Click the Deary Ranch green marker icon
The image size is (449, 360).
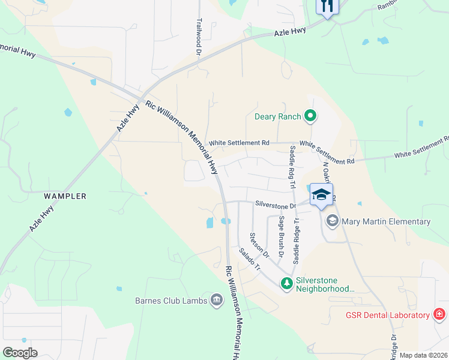click(x=310, y=116)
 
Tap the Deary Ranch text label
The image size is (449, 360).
click(x=277, y=116)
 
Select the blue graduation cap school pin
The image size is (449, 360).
click(x=321, y=194)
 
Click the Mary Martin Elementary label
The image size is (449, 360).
click(x=386, y=221)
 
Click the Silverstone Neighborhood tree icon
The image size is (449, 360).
click(x=288, y=283)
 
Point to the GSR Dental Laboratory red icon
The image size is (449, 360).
click(x=439, y=315)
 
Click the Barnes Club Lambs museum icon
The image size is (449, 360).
click(x=217, y=300)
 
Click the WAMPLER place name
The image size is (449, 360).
click(x=64, y=196)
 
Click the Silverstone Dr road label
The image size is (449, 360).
click(x=276, y=205)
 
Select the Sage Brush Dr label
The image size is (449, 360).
click(x=280, y=233)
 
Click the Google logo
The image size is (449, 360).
click(x=20, y=353)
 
